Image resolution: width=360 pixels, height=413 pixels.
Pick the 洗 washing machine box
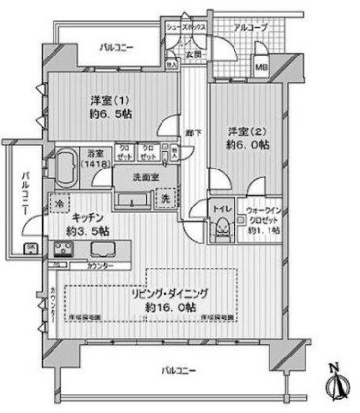click(165, 200)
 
